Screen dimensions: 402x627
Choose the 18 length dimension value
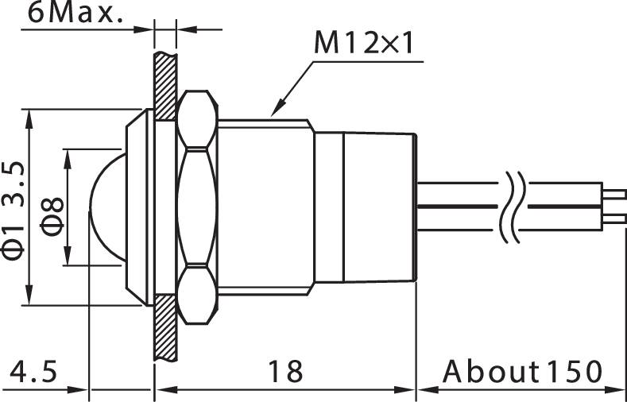coord(284,371)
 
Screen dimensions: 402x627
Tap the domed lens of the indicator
coord(105,207)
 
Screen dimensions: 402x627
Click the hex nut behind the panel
coord(196,207)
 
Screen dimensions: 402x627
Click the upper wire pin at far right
coord(613,191)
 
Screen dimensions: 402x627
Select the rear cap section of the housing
coord(377,207)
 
